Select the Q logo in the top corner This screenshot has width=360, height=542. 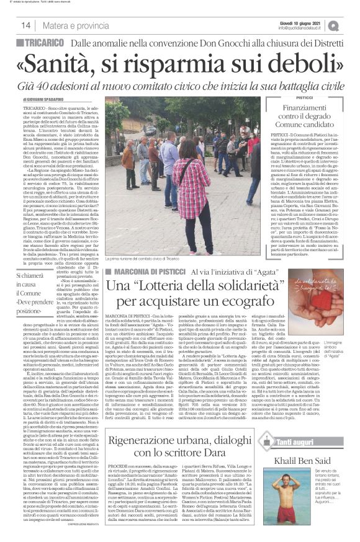351,24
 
